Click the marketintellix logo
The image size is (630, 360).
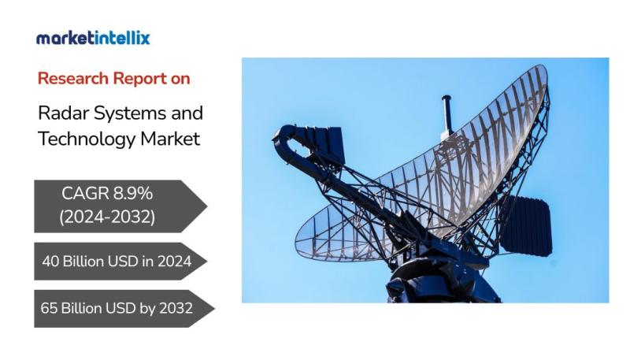(93, 38)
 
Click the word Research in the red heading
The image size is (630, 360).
(72, 78)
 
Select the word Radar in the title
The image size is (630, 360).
(63, 113)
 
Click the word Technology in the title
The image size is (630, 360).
(87, 139)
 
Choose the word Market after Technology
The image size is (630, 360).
(170, 139)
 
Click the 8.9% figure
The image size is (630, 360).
(133, 194)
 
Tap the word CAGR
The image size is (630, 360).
(85, 194)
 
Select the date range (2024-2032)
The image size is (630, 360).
(107, 217)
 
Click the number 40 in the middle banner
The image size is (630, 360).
(50, 262)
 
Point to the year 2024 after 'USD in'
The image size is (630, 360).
(174, 262)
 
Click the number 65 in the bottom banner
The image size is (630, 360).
(49, 309)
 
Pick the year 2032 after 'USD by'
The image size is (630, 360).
(176, 309)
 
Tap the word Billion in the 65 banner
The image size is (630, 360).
(82, 309)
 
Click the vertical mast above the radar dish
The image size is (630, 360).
(447, 114)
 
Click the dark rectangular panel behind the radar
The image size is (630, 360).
(527, 226)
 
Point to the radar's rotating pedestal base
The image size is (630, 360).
(442, 281)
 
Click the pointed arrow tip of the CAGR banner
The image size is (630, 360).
(207, 206)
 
